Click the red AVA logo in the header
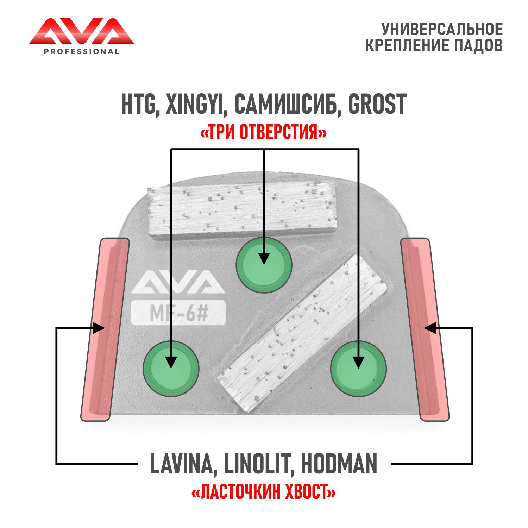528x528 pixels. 81,32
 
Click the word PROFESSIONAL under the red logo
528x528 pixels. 81,52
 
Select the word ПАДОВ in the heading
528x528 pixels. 478,45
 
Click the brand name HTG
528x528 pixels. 138,104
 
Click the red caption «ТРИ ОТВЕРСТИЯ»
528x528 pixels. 263,133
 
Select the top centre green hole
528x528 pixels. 264,265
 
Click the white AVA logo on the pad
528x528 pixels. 178,282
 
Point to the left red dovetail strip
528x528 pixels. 105,329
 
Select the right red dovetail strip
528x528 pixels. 425,329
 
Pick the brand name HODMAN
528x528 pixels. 339,464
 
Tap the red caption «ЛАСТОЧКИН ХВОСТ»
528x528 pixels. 263,492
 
